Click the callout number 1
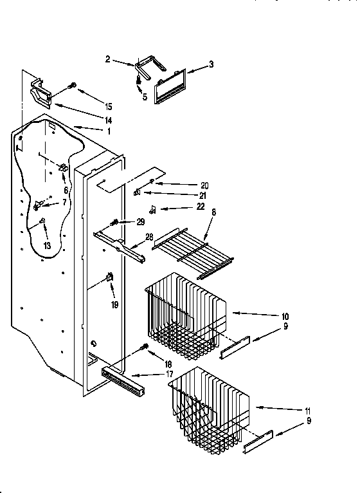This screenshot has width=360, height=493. (109, 131)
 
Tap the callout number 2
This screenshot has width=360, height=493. (108, 59)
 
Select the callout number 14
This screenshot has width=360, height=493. (109, 120)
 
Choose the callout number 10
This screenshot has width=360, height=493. (285, 316)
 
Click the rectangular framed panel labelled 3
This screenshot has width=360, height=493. (169, 84)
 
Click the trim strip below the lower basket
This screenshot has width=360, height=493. (258, 442)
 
